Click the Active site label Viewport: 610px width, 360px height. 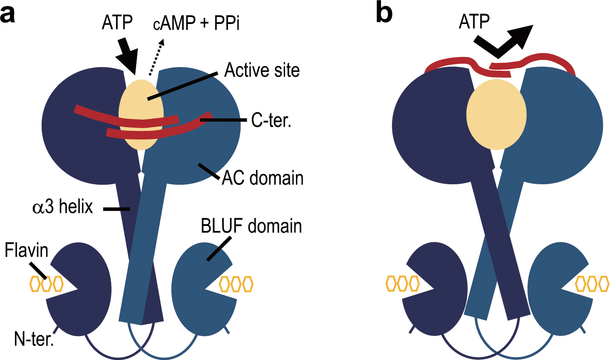(x=262, y=71)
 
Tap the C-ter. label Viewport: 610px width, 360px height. (x=271, y=121)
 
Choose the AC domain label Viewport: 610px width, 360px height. (x=262, y=178)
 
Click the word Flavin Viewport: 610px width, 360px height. (x=26, y=250)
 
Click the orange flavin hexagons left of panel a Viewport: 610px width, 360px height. (x=46, y=284)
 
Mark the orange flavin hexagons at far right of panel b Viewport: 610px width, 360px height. (x=592, y=284)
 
